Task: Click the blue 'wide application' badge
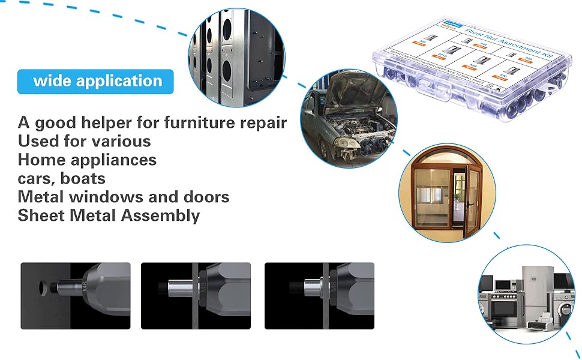pyautogui.click(x=96, y=82)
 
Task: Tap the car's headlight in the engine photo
pyautogui.click(x=344, y=143)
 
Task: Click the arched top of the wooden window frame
pyautogui.click(x=447, y=157)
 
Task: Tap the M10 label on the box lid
pyautogui.click(x=442, y=57)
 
